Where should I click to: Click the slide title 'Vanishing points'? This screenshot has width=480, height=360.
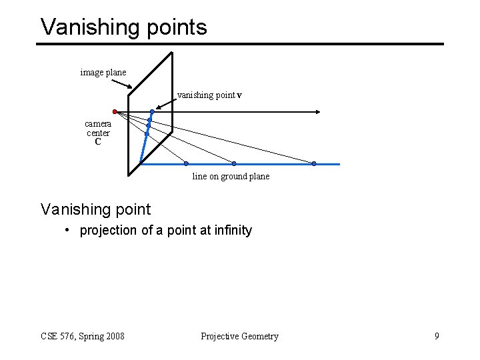(124, 27)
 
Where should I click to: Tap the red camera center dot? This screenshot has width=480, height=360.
(115, 111)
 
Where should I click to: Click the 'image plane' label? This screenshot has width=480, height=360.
(103, 72)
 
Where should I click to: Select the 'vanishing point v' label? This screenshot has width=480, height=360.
(209, 95)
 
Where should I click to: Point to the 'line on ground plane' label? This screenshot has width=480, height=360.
(231, 177)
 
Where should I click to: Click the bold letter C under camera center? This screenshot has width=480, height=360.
(98, 142)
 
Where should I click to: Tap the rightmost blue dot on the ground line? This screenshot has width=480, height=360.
(314, 163)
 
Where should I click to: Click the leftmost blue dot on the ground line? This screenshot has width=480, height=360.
(186, 163)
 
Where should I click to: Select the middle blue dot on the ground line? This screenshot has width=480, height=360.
(234, 163)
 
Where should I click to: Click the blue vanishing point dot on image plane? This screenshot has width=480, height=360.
(152, 111)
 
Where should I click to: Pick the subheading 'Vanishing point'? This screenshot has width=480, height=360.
(96, 209)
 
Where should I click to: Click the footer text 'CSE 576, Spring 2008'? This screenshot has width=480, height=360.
(83, 336)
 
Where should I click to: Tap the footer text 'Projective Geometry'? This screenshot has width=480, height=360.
(239, 336)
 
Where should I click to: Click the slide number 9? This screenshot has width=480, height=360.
(437, 336)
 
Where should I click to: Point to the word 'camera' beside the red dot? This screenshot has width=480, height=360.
(98, 124)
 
